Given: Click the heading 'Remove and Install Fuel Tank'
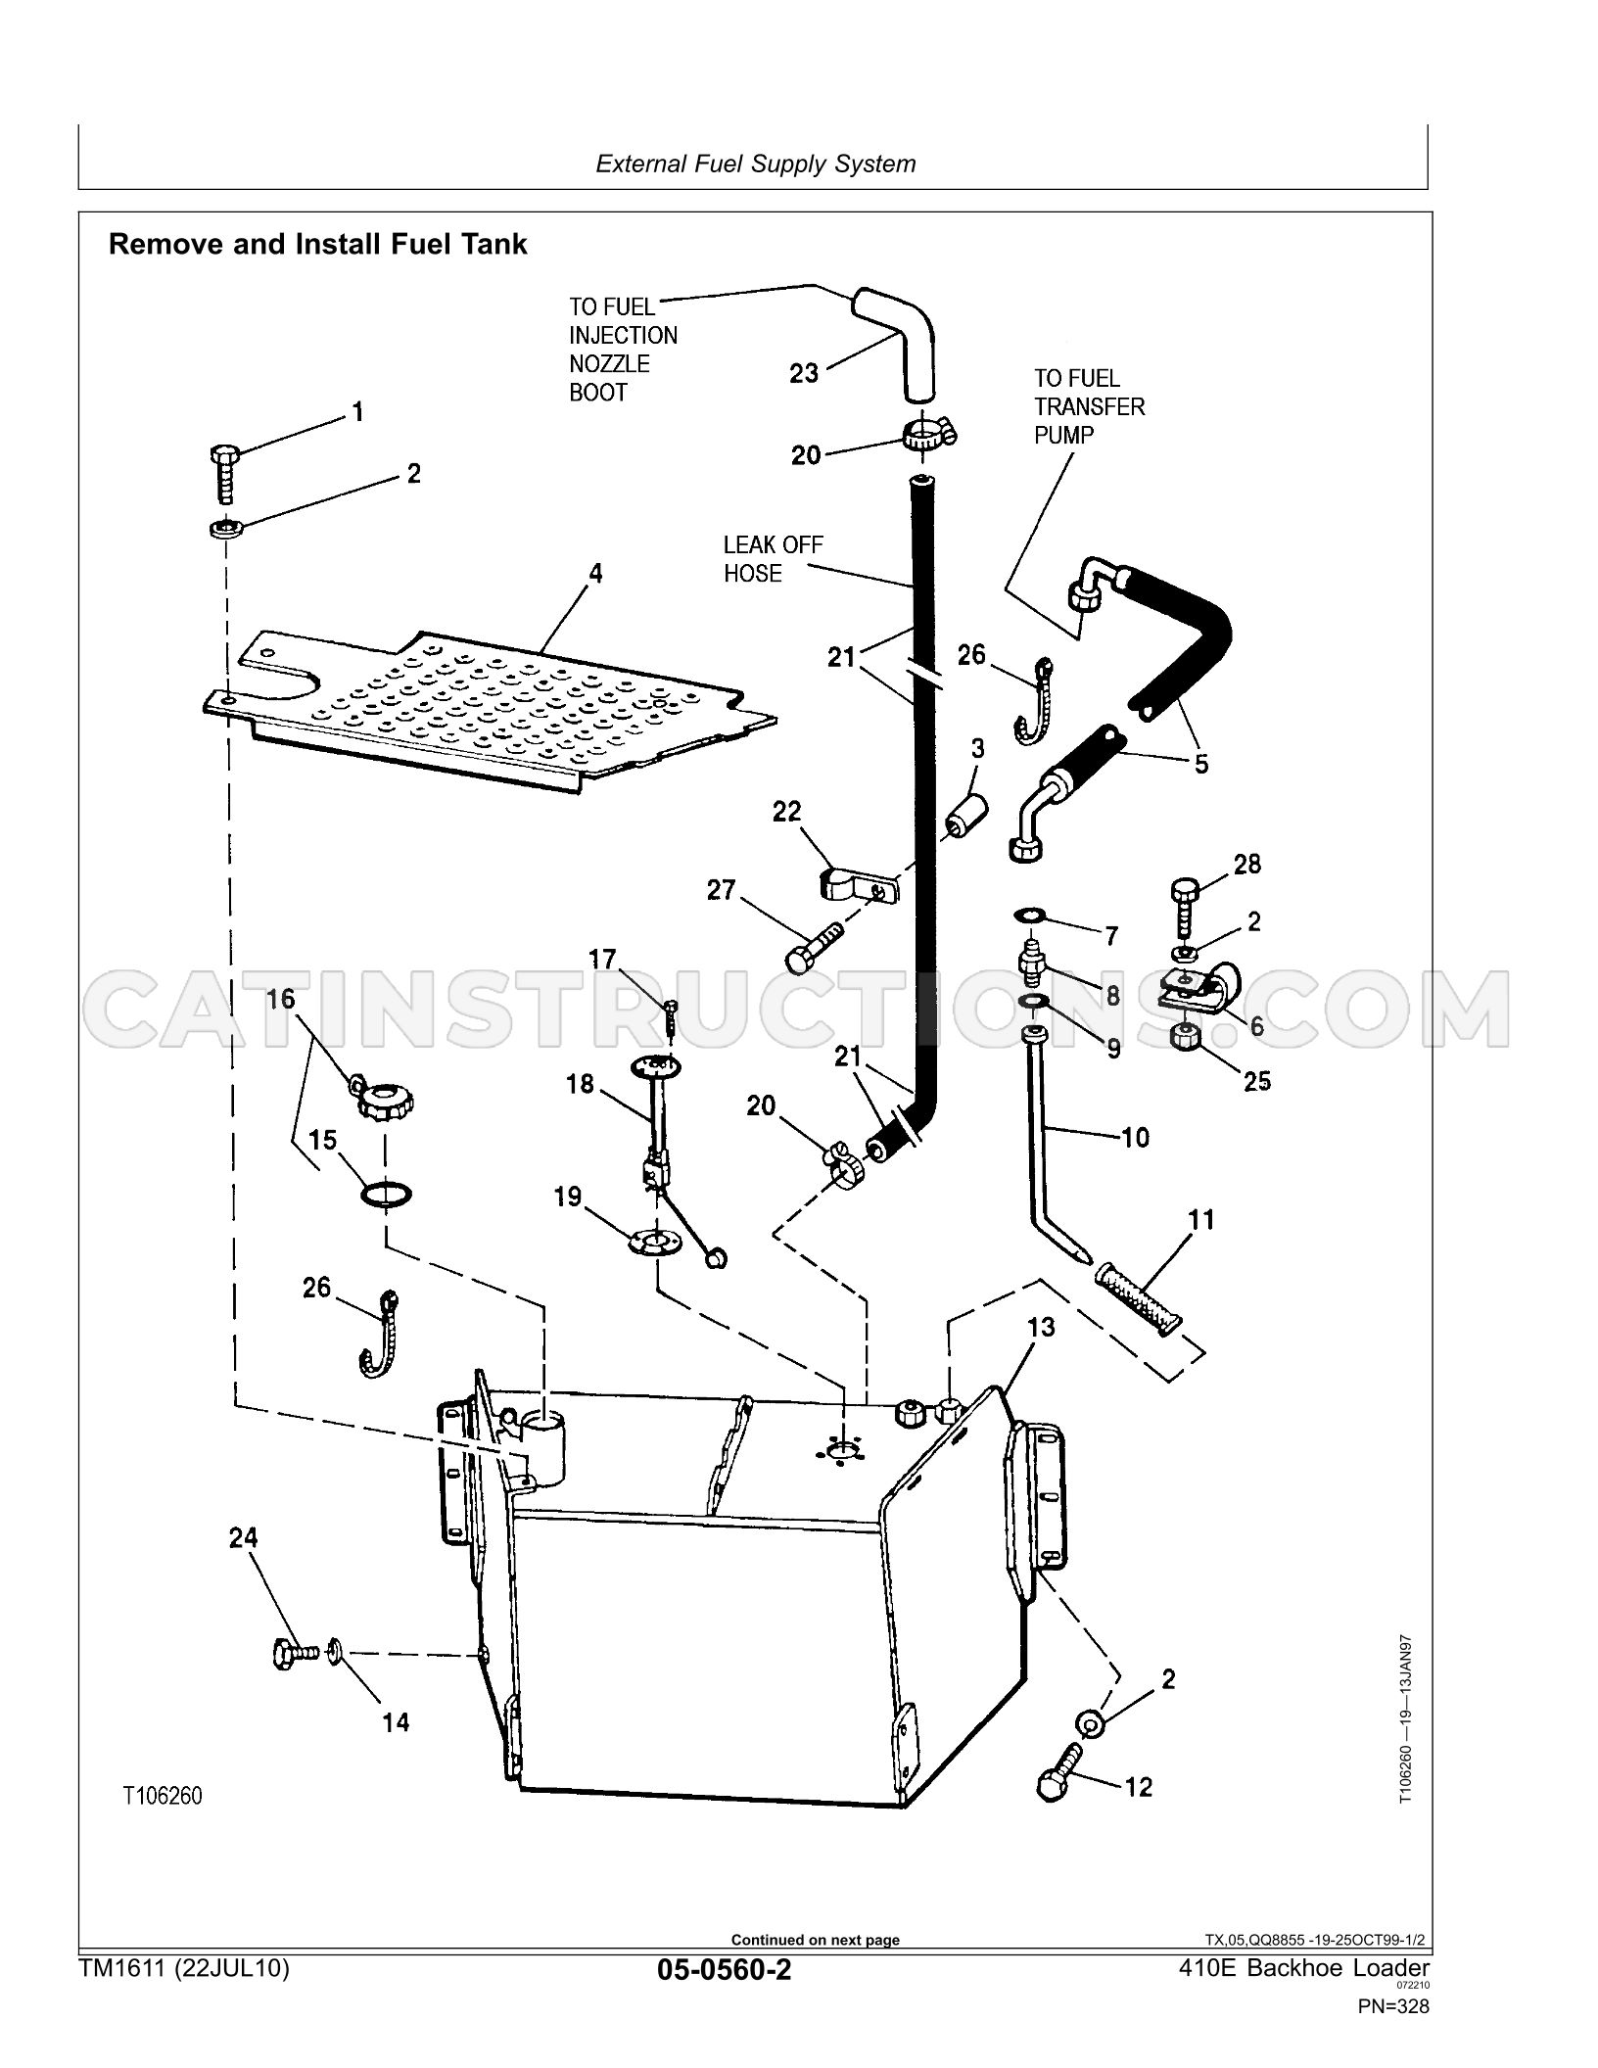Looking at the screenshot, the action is pyautogui.click(x=317, y=244).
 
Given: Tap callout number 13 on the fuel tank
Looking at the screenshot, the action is pyautogui.click(x=1042, y=1327).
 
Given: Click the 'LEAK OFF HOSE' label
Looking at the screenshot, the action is pyautogui.click(x=774, y=559).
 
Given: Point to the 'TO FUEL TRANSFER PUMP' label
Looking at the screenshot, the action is pyautogui.click(x=1089, y=406).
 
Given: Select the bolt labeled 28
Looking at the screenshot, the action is pyautogui.click(x=1184, y=909).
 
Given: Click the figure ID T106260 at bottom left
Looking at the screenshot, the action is pyautogui.click(x=163, y=1796).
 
